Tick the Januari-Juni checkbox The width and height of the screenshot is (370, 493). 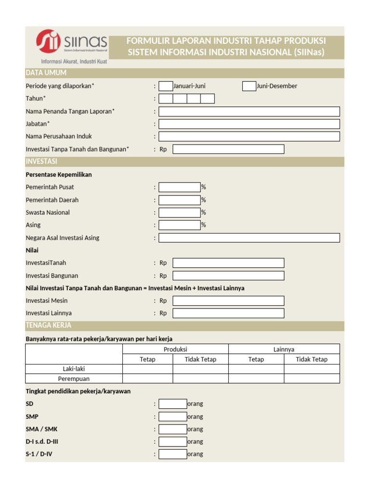[165, 86]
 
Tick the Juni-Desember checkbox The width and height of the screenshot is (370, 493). [249, 86]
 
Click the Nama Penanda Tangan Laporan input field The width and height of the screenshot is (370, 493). [249, 112]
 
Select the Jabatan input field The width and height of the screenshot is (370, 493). [249, 124]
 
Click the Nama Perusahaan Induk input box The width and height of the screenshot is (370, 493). [249, 137]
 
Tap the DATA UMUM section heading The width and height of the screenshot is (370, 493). [46, 73]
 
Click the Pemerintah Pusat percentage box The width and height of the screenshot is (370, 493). [179, 187]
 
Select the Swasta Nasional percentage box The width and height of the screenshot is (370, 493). [179, 213]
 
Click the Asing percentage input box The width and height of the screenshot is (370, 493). [179, 225]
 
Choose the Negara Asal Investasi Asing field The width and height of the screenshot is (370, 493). [249, 238]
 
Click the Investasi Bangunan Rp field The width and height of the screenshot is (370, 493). [228, 276]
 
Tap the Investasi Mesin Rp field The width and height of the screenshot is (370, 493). [228, 301]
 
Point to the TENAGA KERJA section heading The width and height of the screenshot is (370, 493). [48, 326]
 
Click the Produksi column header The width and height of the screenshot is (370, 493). [175, 350]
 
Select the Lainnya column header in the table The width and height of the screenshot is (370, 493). [284, 350]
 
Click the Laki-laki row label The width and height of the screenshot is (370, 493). [74, 369]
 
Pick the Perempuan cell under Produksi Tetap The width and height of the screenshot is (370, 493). [147, 379]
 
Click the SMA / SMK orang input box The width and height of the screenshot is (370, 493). [172, 429]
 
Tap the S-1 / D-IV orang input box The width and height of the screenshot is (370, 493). [172, 454]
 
